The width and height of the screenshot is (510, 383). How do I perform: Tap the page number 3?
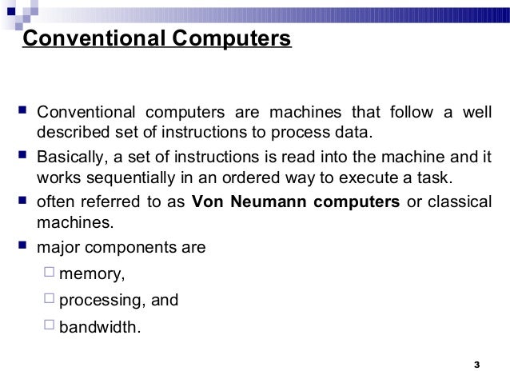click(x=476, y=365)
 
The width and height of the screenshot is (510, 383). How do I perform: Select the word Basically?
click(x=71, y=155)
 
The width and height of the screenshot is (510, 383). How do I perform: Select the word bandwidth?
click(x=100, y=327)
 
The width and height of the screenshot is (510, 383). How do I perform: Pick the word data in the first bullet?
click(x=355, y=131)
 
